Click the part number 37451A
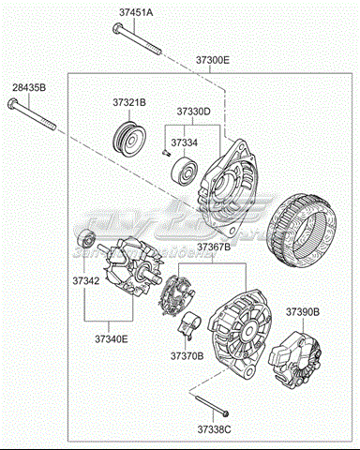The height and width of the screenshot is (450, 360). click(136, 13)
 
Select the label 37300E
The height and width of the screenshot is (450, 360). click(212, 59)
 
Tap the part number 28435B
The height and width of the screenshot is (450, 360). click(28, 89)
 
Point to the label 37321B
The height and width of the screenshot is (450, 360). click(130, 100)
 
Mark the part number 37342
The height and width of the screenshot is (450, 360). click(86, 280)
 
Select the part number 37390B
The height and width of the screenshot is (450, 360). click(303, 310)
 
